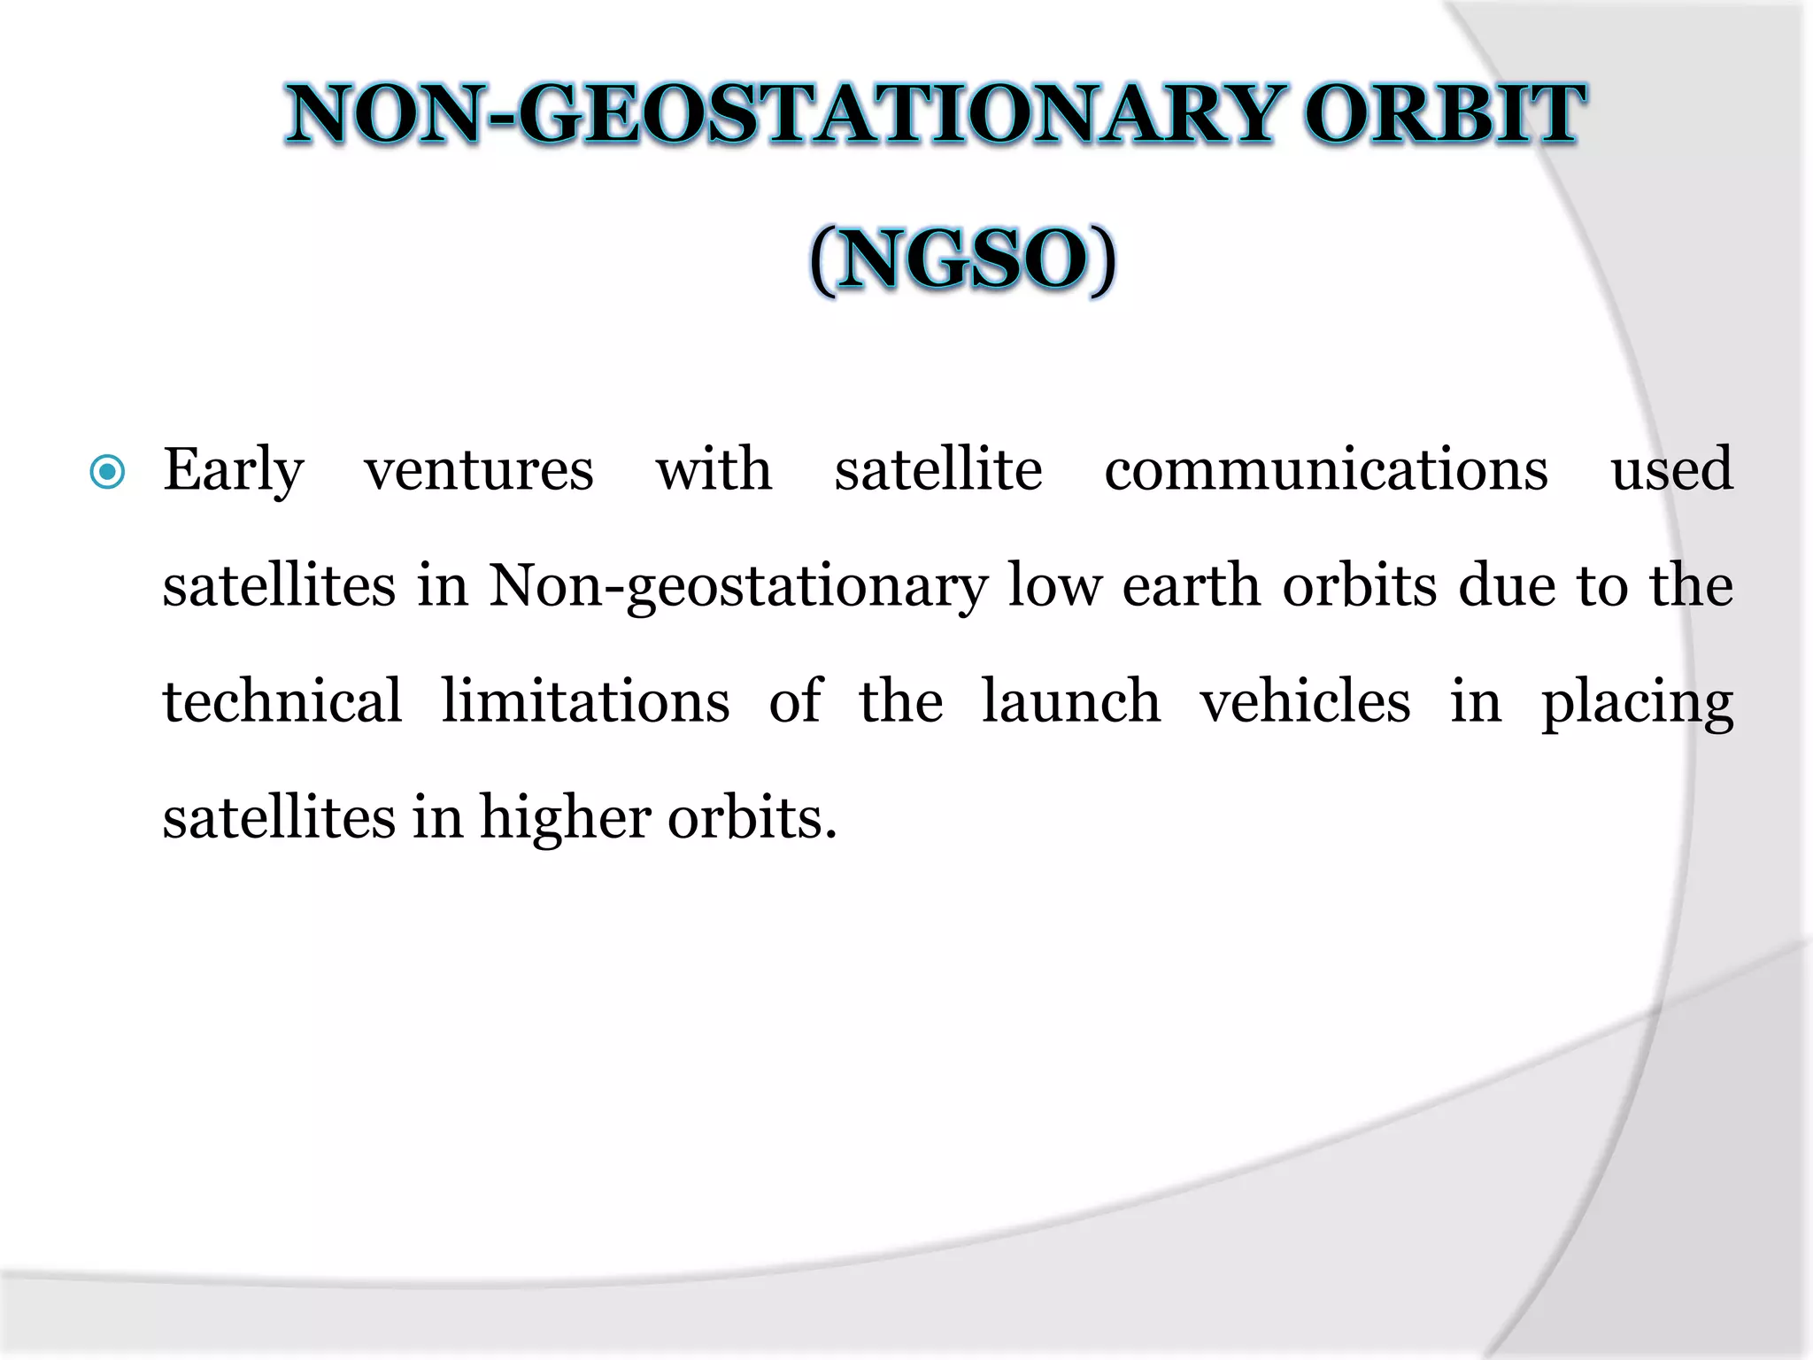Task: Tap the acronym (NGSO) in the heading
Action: point(962,259)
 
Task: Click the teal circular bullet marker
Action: point(108,472)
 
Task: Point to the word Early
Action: point(234,471)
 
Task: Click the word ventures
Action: point(479,471)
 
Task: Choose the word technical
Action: point(282,701)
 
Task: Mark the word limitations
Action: point(585,701)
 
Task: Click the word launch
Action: point(1071,701)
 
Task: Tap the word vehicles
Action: point(1305,701)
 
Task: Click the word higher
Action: point(565,818)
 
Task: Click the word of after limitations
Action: point(795,701)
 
